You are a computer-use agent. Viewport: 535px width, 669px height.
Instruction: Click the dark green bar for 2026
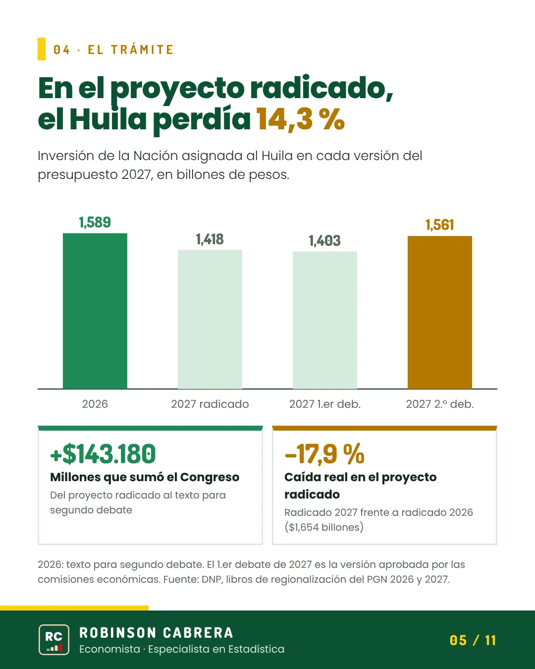point(95,311)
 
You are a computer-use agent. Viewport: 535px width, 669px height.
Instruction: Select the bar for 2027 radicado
point(210,319)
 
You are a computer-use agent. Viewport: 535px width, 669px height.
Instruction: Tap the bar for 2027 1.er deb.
point(325,320)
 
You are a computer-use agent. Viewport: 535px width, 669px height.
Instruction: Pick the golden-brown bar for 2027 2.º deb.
point(440,312)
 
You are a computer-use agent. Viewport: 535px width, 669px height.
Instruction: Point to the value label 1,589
point(95,223)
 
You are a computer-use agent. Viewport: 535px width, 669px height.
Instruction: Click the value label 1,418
point(210,239)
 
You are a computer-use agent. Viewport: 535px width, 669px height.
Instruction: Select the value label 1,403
point(325,241)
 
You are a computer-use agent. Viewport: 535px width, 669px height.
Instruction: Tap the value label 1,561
point(440,225)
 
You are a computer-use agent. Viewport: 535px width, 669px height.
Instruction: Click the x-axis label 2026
point(95,404)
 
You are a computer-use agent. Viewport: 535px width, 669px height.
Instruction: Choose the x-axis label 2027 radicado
point(210,404)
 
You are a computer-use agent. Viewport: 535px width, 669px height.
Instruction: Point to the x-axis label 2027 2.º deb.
point(440,404)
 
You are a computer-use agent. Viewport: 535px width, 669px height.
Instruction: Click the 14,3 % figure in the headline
point(300,119)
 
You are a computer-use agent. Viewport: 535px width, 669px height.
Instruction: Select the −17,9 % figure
point(324,454)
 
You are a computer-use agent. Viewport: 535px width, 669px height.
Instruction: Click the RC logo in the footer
point(54,640)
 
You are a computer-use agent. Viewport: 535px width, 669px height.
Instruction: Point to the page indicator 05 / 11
point(473,640)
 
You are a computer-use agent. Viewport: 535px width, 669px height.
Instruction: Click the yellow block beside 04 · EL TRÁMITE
point(41,49)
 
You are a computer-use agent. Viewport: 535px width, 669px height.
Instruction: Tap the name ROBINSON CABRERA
point(156,633)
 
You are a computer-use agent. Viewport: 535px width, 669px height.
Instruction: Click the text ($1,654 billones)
point(324,527)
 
